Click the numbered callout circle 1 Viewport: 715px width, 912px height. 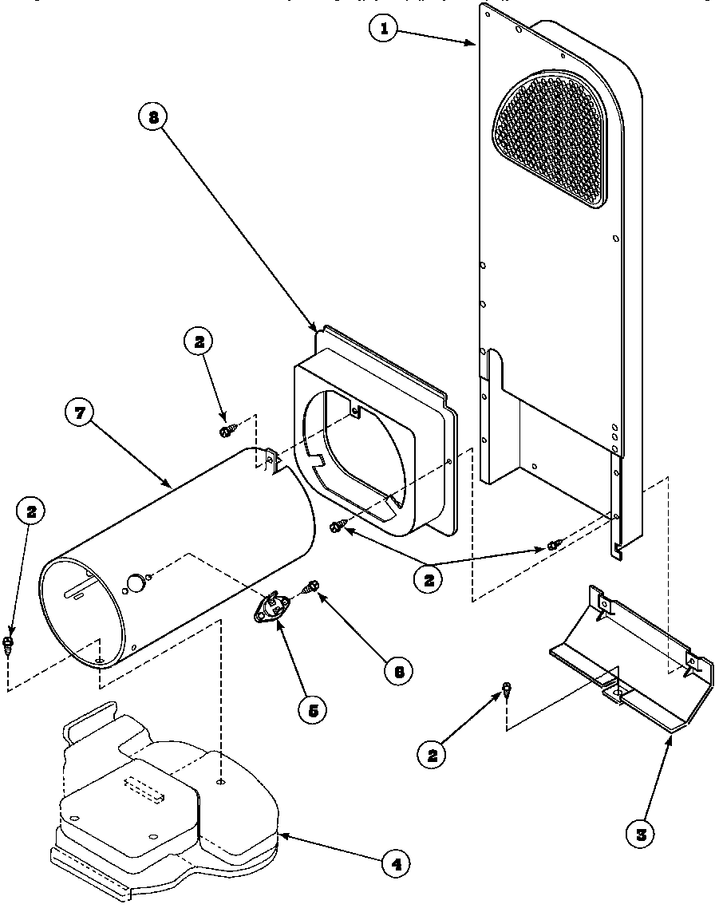coord(385,29)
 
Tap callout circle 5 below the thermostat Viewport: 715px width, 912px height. coord(311,710)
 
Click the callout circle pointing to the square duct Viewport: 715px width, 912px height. coord(152,117)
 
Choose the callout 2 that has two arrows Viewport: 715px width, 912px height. coord(429,580)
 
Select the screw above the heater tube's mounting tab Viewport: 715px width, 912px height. coord(227,430)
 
